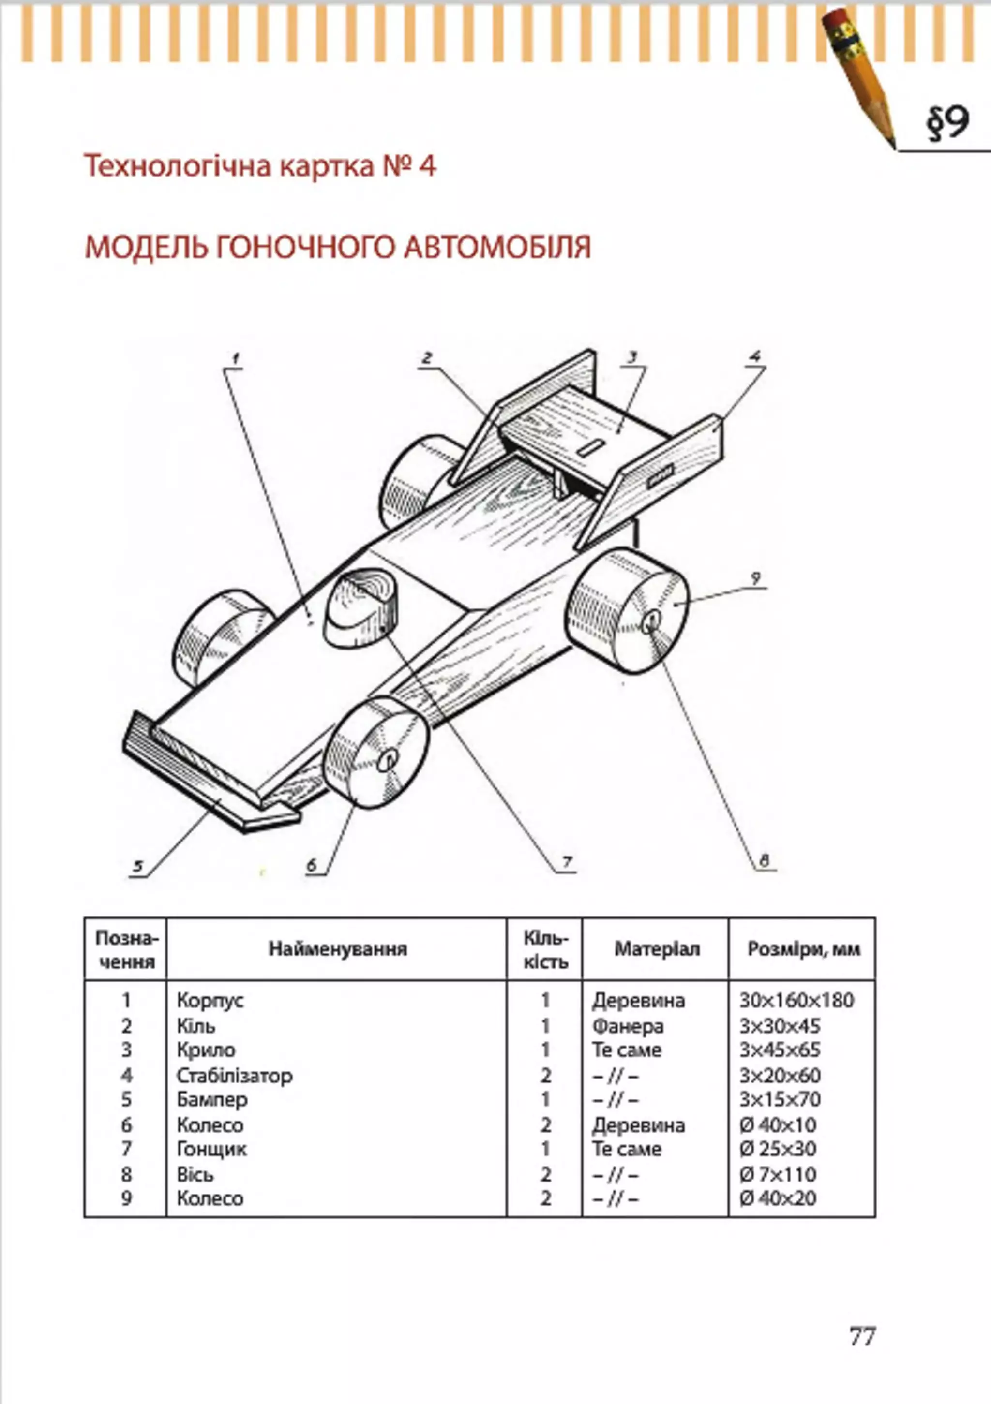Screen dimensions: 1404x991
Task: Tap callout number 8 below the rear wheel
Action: coord(764,861)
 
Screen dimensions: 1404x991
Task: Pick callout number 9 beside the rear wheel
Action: coord(756,578)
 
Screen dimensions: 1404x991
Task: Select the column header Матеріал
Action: coord(656,948)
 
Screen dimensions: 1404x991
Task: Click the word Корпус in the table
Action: coord(210,1001)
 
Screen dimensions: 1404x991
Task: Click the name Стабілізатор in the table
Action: coord(234,1076)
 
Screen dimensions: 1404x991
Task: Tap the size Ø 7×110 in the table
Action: coord(778,1175)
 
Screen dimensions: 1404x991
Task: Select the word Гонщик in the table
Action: coord(211,1149)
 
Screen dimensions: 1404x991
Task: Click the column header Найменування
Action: coord(338,948)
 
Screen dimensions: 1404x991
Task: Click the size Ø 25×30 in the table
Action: coord(778,1149)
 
